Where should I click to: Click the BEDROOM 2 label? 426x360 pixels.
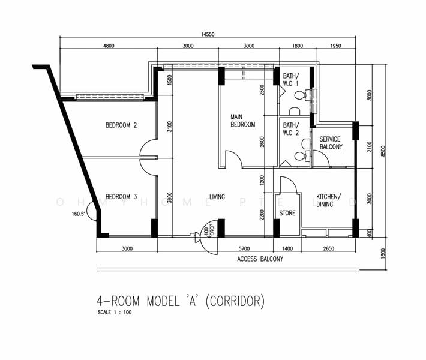tap(122, 125)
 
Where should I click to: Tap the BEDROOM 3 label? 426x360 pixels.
tap(122, 196)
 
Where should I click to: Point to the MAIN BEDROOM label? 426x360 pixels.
tap(243, 121)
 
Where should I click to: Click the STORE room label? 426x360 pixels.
tap(287, 213)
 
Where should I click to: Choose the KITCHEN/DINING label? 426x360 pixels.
tap(329, 200)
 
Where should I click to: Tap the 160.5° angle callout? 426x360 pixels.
tap(79, 213)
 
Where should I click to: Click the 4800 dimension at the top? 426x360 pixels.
tap(109, 46)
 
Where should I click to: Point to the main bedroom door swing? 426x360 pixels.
tap(233, 159)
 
